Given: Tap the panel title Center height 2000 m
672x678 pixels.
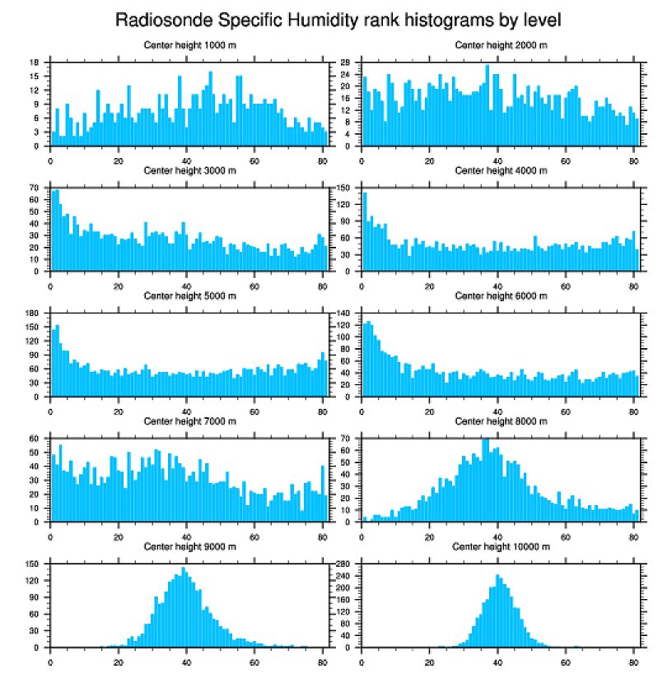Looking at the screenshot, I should click(500, 45).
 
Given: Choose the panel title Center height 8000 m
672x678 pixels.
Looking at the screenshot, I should click(500, 421).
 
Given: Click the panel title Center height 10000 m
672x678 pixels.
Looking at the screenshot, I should click(500, 546).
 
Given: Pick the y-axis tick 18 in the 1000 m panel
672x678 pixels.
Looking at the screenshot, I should click(35, 63).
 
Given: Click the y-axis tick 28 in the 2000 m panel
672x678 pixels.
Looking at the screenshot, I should click(347, 63).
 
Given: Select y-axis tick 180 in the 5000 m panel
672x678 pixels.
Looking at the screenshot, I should click(33, 313).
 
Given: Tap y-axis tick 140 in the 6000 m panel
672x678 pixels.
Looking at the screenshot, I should click(344, 313).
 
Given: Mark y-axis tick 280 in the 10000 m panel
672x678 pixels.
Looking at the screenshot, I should click(344, 564).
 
